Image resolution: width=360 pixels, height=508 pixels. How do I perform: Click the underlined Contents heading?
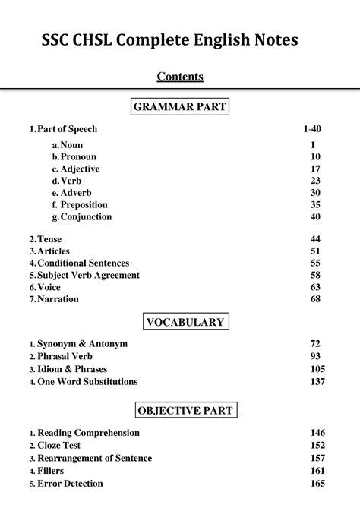179,77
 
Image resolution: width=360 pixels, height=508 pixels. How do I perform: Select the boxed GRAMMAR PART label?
180,107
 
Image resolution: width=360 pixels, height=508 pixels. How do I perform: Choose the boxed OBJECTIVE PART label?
186,411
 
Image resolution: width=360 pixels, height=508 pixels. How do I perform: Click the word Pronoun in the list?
85,156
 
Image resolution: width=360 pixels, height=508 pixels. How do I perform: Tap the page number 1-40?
312,129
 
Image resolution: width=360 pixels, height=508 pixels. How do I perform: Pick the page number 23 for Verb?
315,181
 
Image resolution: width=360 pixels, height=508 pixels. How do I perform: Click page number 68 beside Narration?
315,299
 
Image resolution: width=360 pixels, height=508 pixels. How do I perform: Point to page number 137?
317,381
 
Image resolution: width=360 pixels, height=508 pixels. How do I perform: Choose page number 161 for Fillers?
317,471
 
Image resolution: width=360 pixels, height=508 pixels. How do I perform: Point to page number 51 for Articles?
315,251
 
